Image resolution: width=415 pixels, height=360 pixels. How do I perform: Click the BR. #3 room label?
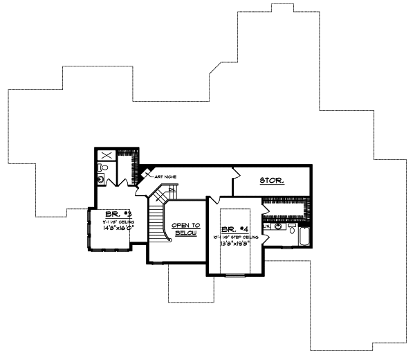tap(112, 213)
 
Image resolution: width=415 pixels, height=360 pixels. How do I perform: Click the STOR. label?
tap(271, 181)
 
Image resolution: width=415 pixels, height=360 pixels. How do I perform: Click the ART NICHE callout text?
tap(165, 177)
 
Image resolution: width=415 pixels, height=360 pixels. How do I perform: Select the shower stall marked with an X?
tap(107, 156)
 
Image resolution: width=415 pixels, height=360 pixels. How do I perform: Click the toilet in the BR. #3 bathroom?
tap(103, 168)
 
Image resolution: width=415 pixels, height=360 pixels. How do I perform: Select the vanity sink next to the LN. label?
tap(278, 226)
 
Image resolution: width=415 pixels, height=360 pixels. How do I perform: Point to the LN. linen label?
tap(266, 226)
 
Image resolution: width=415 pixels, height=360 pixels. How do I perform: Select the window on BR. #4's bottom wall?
tap(235, 276)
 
